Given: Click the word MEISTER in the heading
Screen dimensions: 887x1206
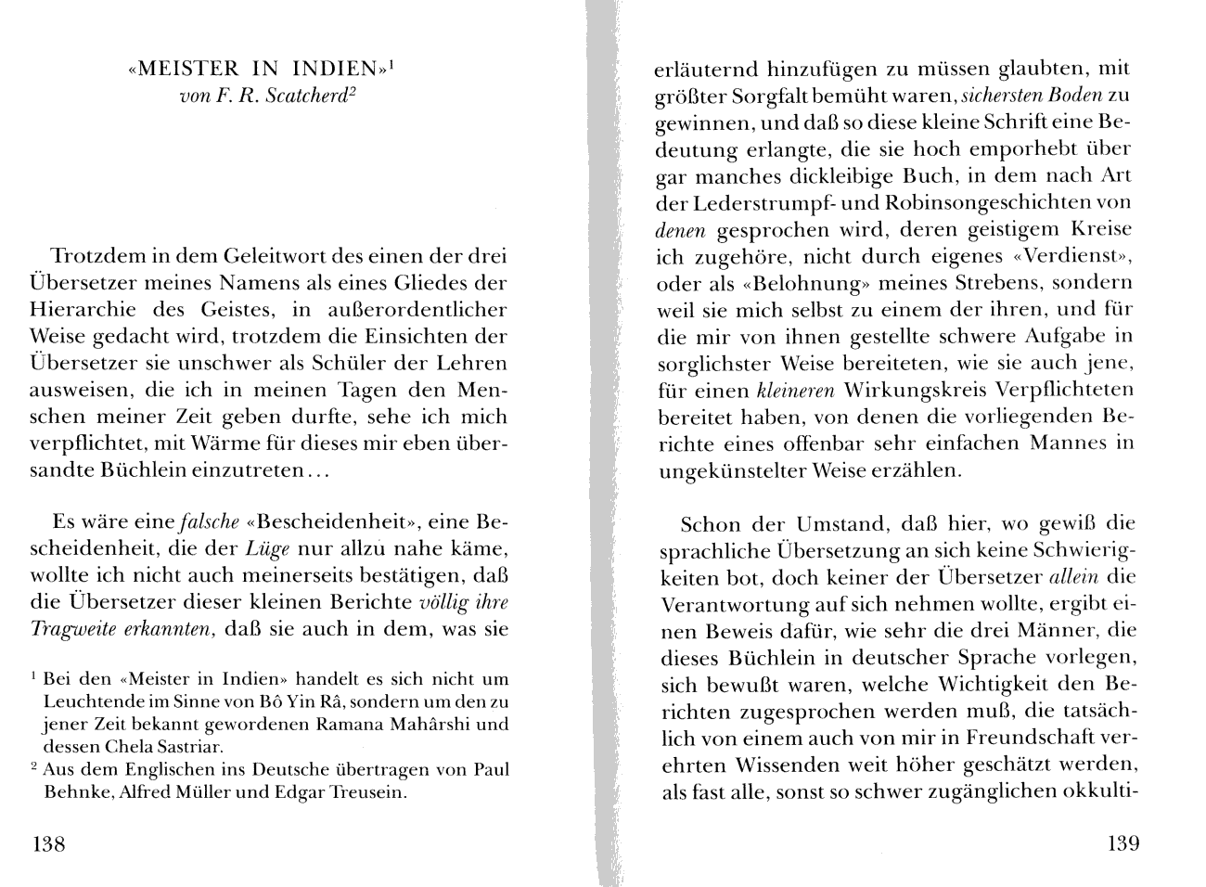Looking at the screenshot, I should [183, 69].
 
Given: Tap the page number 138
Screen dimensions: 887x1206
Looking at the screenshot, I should [49, 844].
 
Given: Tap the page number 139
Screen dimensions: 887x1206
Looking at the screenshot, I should [1123, 844].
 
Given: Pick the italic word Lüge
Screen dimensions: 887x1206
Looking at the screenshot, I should [266, 547].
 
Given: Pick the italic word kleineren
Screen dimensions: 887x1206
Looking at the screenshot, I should [797, 390].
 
